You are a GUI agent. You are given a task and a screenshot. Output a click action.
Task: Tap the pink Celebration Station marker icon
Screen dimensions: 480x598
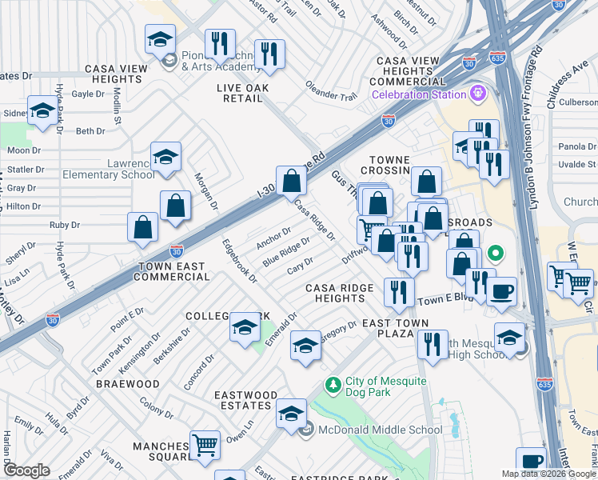point(479,93)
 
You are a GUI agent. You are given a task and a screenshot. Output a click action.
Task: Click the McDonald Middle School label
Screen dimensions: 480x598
point(380,430)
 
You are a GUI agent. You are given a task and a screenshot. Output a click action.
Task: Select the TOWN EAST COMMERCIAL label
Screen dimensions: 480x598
point(173,271)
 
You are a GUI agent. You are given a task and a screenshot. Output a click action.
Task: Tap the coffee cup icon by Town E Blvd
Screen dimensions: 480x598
point(501,291)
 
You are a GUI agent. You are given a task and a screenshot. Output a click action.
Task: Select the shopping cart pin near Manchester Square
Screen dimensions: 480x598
point(205,445)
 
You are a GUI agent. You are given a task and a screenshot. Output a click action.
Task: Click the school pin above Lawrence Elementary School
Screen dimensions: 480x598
point(165,156)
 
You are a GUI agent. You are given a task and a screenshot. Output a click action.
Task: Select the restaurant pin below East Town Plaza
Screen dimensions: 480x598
point(433,345)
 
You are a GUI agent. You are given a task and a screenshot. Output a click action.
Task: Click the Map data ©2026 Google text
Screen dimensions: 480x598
point(548,474)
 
